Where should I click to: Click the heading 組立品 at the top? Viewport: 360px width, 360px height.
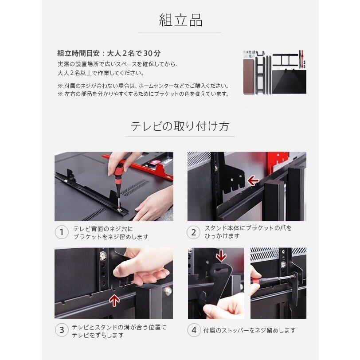click(180, 20)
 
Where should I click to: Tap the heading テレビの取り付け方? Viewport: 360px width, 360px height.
click(180, 126)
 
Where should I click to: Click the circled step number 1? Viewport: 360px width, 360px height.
click(62, 232)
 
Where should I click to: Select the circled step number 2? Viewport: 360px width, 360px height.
click(194, 232)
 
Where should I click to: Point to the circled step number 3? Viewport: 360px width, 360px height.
click(62, 330)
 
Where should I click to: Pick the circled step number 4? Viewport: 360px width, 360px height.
click(194, 330)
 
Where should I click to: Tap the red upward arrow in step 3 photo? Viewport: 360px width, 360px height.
click(114, 301)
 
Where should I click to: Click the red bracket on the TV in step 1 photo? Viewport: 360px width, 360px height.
click(138, 166)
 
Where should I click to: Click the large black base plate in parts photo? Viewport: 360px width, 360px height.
click(289, 82)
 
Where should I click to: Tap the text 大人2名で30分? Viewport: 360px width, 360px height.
click(134, 53)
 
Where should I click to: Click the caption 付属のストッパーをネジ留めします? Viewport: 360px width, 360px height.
click(249, 330)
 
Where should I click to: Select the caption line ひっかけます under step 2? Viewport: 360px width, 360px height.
click(222, 236)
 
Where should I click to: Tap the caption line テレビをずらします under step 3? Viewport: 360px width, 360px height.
click(98, 335)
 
